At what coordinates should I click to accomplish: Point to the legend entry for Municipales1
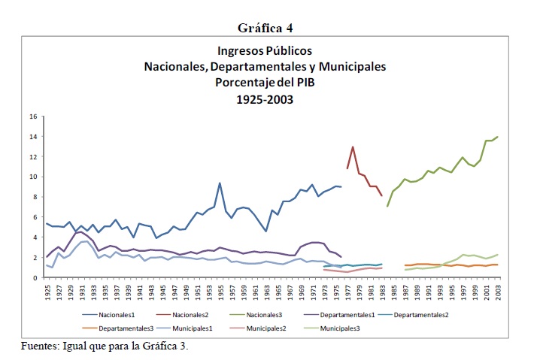208,328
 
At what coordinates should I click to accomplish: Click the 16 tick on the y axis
32,116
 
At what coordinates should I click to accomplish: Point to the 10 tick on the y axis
32,177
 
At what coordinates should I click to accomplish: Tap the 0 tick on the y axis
35,277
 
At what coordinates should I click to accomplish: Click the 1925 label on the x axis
47,292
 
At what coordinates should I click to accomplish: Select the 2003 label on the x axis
497,292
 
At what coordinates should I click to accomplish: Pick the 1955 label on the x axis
220,292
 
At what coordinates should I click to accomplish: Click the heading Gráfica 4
265,28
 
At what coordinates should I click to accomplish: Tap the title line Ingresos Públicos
265,51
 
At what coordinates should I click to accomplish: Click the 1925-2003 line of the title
265,98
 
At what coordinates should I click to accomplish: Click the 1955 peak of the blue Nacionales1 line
220,183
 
